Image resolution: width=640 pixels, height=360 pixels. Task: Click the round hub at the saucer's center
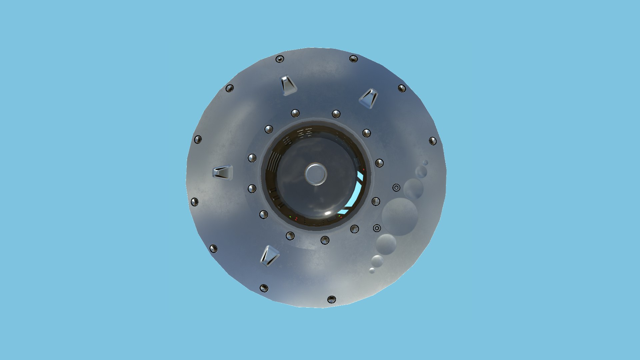point(315,174)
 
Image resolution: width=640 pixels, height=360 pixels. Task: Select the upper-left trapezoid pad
point(287,85)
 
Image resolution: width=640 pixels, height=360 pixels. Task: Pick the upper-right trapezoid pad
point(369,98)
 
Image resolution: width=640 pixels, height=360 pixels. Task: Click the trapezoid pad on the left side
point(223,172)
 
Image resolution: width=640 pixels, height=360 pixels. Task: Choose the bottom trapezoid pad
point(269,256)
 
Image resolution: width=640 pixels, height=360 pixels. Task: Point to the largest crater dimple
point(399,216)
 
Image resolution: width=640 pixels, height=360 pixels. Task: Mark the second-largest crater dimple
point(413,189)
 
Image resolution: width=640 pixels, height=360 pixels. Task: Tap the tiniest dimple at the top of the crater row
point(425,162)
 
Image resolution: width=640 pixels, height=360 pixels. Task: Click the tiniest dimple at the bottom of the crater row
point(372,271)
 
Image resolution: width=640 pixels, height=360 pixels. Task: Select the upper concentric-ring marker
point(396,188)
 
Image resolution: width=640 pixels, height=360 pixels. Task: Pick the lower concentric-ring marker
point(377,228)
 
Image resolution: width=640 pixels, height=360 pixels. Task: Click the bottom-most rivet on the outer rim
point(331,299)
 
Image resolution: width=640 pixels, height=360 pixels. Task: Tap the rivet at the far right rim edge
point(433,141)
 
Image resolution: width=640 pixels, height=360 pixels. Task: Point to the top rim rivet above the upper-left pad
point(280,59)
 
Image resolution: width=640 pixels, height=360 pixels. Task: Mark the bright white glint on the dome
point(328,213)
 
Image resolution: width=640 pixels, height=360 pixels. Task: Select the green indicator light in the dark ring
point(290,217)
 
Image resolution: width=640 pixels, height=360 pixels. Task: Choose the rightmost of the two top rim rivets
point(353,59)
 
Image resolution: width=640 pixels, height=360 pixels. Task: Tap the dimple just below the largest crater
point(386,244)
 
